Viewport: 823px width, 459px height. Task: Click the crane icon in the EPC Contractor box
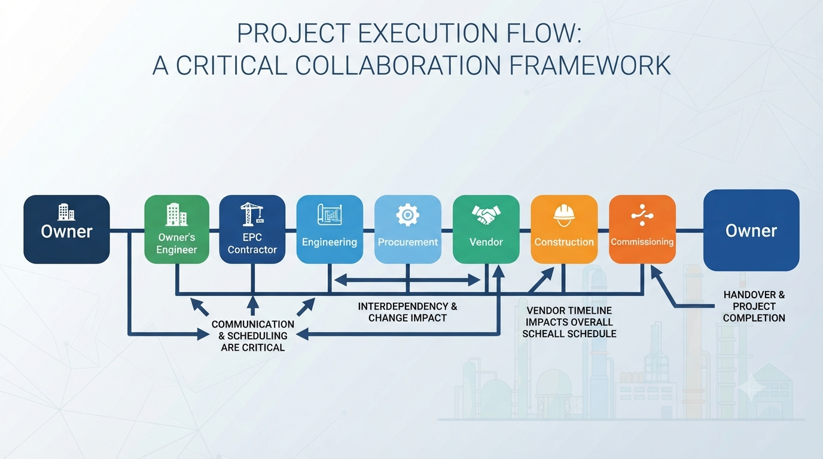[x=252, y=214]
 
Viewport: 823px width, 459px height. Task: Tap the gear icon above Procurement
[x=407, y=215]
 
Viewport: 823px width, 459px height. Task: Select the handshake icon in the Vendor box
[x=486, y=215]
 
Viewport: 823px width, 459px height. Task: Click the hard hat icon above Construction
[x=564, y=216]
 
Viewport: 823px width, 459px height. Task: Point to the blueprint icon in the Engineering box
[x=330, y=215]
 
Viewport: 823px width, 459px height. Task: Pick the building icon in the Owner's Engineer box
[x=176, y=215]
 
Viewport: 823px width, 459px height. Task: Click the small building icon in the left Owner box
[x=66, y=212]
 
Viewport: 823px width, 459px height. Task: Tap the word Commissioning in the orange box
[x=642, y=241]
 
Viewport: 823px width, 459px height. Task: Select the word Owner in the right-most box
[x=751, y=231]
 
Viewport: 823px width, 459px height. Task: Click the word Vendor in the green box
[x=486, y=242]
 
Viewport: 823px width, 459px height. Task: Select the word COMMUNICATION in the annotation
[x=253, y=325]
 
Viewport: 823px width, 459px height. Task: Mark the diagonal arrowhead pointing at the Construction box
[x=547, y=274]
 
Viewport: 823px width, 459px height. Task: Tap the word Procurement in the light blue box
[x=408, y=242]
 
